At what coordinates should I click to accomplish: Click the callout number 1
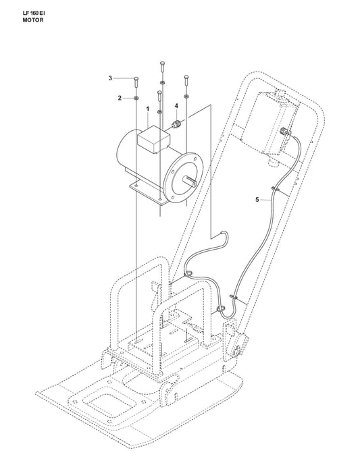tap(147, 109)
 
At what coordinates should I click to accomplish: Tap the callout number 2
tap(120, 98)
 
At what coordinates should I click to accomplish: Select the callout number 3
tap(110, 78)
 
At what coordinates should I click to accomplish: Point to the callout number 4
tap(176, 106)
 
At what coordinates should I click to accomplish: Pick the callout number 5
tap(257, 200)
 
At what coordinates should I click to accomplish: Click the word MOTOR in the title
tap(33, 20)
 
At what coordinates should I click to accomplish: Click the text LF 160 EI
tap(34, 13)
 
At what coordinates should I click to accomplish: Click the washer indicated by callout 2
tap(136, 98)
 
